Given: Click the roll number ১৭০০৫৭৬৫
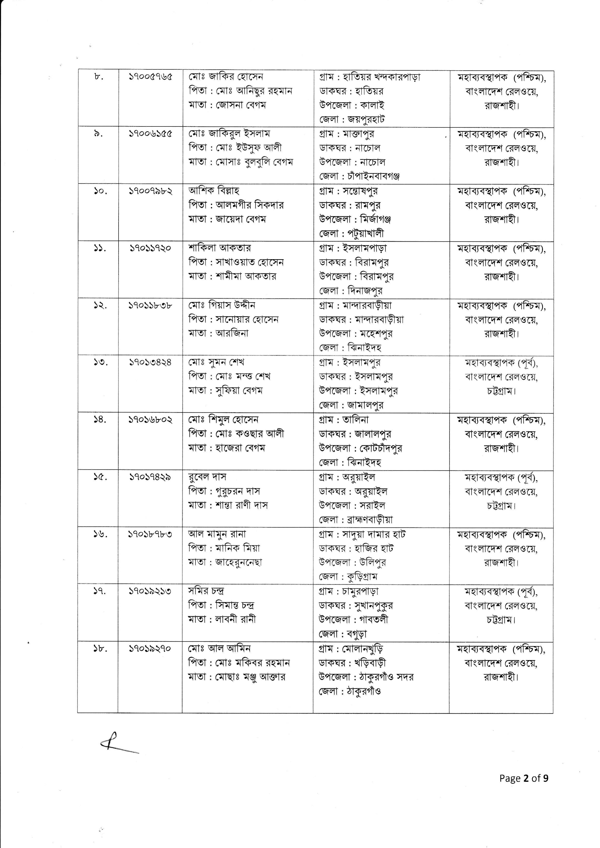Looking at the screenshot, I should click(x=150, y=77).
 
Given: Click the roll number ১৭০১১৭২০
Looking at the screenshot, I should click(x=150, y=248).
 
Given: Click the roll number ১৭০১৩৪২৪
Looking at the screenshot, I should click(x=150, y=362).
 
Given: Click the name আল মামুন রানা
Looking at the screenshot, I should click(x=217, y=534).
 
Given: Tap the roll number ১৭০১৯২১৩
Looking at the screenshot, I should click(x=150, y=591).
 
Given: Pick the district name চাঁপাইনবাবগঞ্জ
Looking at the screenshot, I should click(x=374, y=176).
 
